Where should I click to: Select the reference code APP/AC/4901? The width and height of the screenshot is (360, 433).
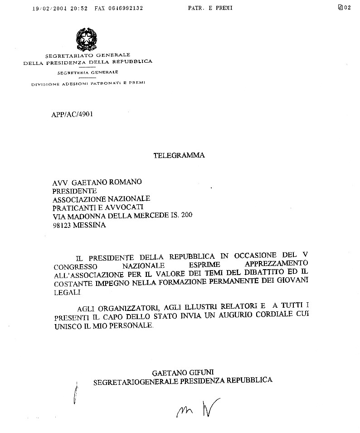pos(73,115)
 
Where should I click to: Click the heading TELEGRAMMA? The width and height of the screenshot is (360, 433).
pos(179,155)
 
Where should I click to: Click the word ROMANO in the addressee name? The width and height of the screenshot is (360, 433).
pos(123,182)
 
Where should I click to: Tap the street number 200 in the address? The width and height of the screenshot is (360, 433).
pos(186,216)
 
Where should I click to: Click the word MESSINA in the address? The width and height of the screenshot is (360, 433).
pos(90,225)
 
